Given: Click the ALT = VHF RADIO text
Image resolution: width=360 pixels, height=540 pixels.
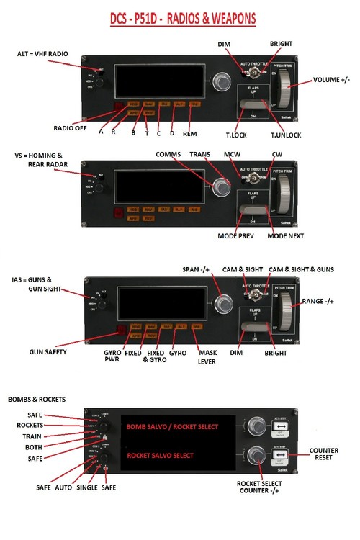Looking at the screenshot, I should pos(42,54).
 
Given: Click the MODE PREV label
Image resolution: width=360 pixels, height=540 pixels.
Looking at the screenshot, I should pos(239,235).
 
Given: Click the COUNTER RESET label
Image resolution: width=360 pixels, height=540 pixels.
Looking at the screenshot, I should pos(323,454).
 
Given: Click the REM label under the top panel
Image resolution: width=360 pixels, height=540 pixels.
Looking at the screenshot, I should pos(190,133).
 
